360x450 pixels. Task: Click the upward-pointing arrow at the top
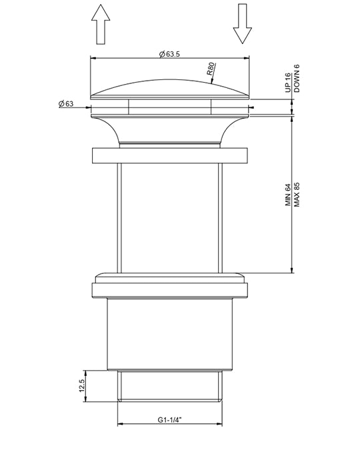[x=101, y=24]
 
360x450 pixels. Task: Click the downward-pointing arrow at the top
[x=243, y=23]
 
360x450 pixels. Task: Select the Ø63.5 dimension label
[x=169, y=54]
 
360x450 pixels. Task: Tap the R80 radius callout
[x=211, y=69]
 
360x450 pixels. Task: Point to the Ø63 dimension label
[x=66, y=103]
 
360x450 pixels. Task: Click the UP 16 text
[x=288, y=83]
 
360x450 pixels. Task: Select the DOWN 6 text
[x=297, y=78]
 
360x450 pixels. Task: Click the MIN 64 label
[x=288, y=195]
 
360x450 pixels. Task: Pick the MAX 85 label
[x=297, y=195]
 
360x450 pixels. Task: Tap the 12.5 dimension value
[x=81, y=386]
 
